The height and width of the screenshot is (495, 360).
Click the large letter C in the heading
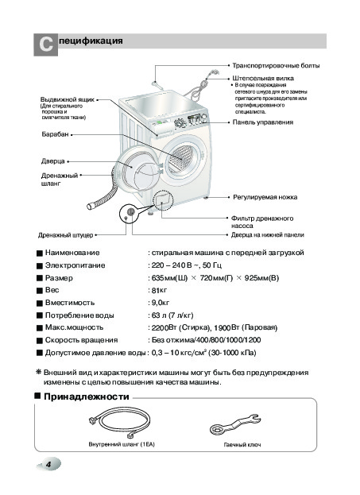pos(46,44)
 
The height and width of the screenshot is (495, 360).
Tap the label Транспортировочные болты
pos(276,66)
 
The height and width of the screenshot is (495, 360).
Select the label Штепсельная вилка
pos(263,78)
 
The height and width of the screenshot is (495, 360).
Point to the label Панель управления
pos(263,122)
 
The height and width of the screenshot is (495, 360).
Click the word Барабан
pos(55,134)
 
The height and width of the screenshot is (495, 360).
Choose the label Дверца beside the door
pos(52,161)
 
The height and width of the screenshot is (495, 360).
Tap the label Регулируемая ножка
pos(265,197)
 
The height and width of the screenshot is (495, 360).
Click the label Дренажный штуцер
pos(66,235)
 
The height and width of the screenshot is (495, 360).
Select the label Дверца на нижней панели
pos(268,235)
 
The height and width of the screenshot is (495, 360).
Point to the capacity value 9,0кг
pos(160,303)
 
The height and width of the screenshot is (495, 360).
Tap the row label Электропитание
pos(75,265)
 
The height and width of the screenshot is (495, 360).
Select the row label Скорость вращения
pos(82,340)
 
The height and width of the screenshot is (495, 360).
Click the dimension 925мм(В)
pos(261,278)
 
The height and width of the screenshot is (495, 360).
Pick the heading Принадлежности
pos(87,396)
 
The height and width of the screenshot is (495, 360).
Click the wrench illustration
pos(235,425)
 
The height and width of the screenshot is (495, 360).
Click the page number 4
pos(48,464)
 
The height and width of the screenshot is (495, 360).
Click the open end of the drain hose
pos(90,207)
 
